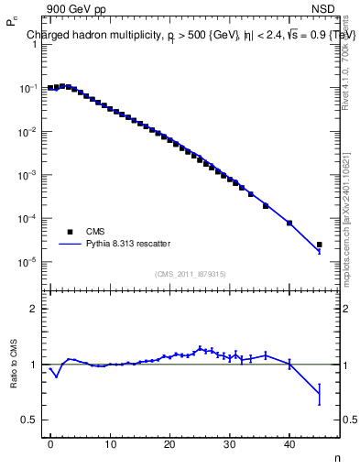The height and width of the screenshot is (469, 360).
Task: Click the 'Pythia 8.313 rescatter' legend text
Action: click(128, 244)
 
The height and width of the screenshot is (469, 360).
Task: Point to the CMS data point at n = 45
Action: click(319, 245)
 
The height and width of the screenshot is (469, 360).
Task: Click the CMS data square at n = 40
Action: click(289, 223)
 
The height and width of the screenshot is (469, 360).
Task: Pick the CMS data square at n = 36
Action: click(266, 206)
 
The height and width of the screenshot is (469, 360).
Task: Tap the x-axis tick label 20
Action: click(169, 444)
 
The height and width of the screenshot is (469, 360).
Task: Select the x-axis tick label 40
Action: click(289, 444)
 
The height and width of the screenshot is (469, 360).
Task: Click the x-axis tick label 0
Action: click(50, 444)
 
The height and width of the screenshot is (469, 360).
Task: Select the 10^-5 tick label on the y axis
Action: click(29, 262)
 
